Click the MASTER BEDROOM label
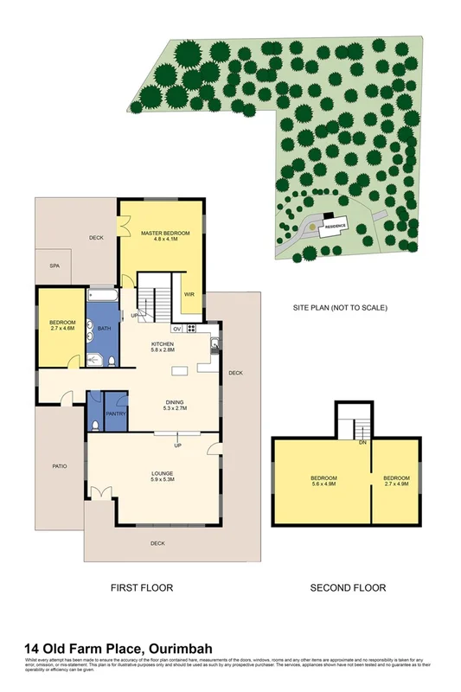[164, 234]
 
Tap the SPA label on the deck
[54, 266]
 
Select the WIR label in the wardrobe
[189, 294]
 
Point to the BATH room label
[104, 329]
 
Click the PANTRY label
[116, 413]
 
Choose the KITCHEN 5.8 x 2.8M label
[163, 347]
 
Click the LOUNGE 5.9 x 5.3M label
[162, 477]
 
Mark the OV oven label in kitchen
[176, 329]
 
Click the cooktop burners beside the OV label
[190, 329]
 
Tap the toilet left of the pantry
[93, 425]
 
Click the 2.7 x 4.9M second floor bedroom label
[396, 482]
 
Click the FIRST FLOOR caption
[142, 588]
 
